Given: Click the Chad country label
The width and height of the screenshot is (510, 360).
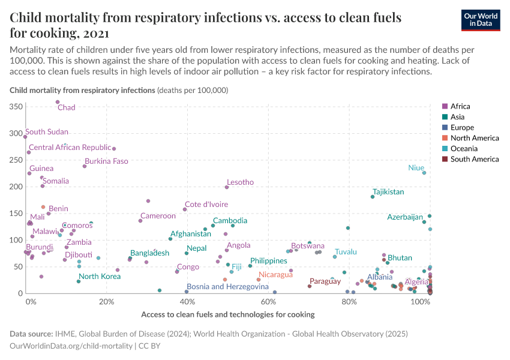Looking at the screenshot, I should pos(66,107).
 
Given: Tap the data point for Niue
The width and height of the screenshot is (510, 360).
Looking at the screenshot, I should pos(424,173).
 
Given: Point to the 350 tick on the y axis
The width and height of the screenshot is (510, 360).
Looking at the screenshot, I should pos(16,106).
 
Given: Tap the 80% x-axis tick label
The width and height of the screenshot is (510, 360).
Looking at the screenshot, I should pos(349,301).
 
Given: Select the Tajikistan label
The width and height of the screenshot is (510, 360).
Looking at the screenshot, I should pos(387,192).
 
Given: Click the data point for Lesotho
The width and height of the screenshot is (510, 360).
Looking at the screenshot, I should pos(227,187).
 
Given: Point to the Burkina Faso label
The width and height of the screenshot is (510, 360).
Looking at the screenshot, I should pos(106,161).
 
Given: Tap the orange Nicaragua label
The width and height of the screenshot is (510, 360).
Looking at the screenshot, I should pos(275,275).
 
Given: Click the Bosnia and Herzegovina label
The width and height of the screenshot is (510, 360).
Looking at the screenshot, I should pos(227,287).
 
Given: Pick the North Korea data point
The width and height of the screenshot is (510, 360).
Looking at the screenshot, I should pos(79,281).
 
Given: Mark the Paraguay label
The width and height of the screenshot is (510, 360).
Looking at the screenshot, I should pos(325,281).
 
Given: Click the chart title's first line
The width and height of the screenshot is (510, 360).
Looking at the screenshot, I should pos(205,17).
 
